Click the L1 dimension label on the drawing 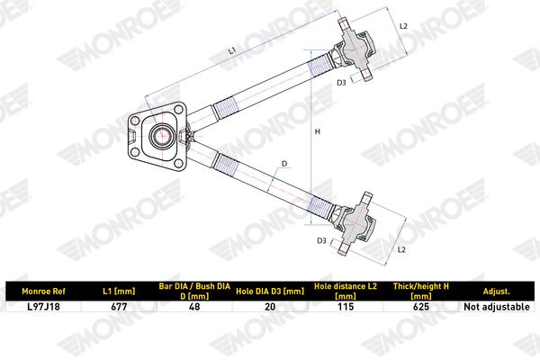tap(232, 50)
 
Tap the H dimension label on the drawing tap(318, 131)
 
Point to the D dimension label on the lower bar tap(284, 164)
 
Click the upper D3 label tap(341, 83)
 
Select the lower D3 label tap(321, 241)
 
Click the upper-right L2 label tap(403, 26)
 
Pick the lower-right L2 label tap(401, 250)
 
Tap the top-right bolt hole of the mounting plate tap(178, 110)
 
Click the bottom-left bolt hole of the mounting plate tap(135, 152)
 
